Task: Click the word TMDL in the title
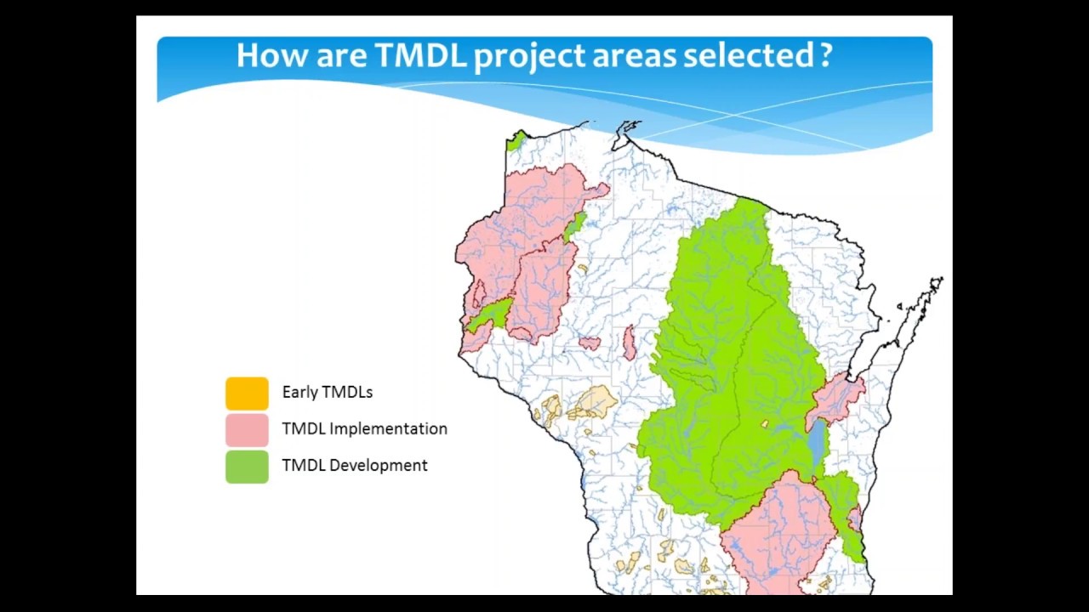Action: click(x=420, y=55)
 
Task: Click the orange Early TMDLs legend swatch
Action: click(x=247, y=393)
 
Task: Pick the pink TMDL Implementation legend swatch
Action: click(x=247, y=429)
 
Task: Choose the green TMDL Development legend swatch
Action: click(x=247, y=466)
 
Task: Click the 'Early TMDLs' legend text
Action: click(x=327, y=392)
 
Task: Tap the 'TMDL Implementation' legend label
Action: click(x=364, y=428)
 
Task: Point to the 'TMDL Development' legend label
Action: click(x=354, y=465)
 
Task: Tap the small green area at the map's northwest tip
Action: click(x=516, y=140)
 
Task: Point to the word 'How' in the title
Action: click(x=272, y=55)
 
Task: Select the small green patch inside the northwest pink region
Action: click(x=575, y=225)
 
